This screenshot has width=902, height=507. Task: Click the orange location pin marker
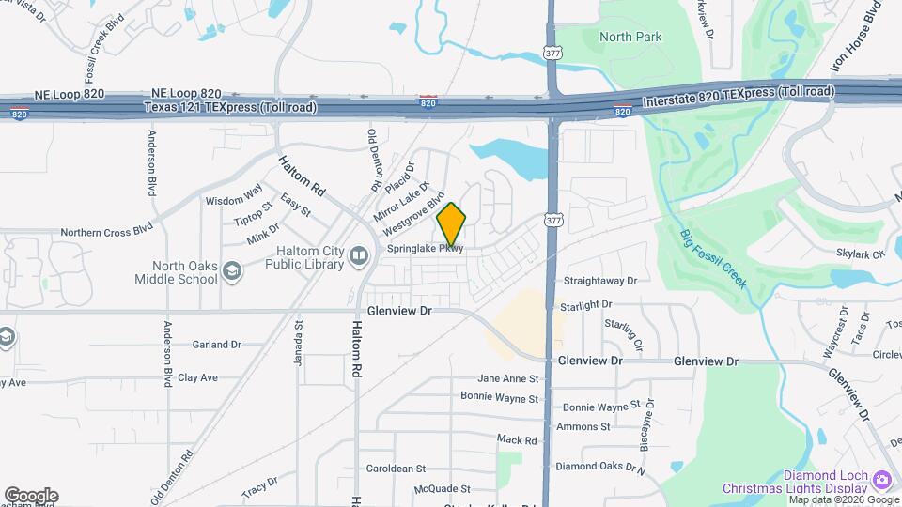pos(451,223)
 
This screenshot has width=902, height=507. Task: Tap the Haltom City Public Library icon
pos(358,256)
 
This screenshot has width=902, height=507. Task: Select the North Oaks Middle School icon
pos(232,272)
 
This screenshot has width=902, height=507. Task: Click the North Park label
pos(630,38)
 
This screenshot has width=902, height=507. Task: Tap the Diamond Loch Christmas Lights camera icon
pos(881,480)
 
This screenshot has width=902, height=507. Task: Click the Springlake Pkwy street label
pos(426,249)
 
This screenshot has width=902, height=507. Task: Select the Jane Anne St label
pos(508,379)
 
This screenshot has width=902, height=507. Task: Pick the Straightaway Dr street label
pos(599,281)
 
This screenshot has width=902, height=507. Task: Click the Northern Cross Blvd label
pos(106,231)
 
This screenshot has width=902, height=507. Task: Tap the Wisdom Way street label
pos(234,200)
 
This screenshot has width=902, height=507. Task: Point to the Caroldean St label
pos(396,468)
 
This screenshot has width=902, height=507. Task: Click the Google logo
pos(31,496)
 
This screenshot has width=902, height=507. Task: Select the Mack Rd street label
pos(517,439)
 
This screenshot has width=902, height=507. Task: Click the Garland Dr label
pos(217,345)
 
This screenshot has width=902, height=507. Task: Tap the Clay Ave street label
pos(197,377)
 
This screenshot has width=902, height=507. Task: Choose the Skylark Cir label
pos(861,253)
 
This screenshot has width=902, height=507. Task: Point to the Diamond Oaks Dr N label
pos(601,466)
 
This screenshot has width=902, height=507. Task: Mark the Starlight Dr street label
pos(585,305)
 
